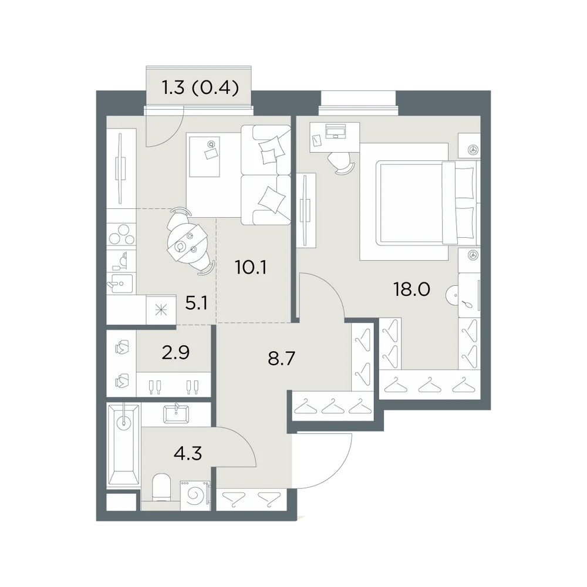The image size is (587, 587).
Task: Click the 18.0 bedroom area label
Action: point(412,289)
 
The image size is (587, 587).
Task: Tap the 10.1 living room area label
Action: point(251,267)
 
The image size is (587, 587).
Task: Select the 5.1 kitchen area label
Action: point(197,303)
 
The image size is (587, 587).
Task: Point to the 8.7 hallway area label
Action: point(282,358)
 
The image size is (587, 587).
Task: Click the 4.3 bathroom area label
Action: point(188,453)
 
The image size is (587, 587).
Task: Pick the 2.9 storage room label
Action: point(176,352)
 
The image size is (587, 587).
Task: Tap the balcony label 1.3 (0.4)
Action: point(200,89)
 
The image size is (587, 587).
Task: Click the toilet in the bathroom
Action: point(162,487)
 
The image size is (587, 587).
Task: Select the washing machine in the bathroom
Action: point(195,495)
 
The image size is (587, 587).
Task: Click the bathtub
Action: point(123,445)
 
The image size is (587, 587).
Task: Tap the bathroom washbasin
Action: point(176,414)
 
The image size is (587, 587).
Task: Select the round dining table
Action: point(187,242)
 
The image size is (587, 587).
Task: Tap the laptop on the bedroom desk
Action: point(336,131)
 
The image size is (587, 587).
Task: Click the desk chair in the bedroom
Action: point(340,164)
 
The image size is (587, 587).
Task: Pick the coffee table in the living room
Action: point(204,156)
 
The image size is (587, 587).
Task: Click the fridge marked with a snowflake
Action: point(161,309)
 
